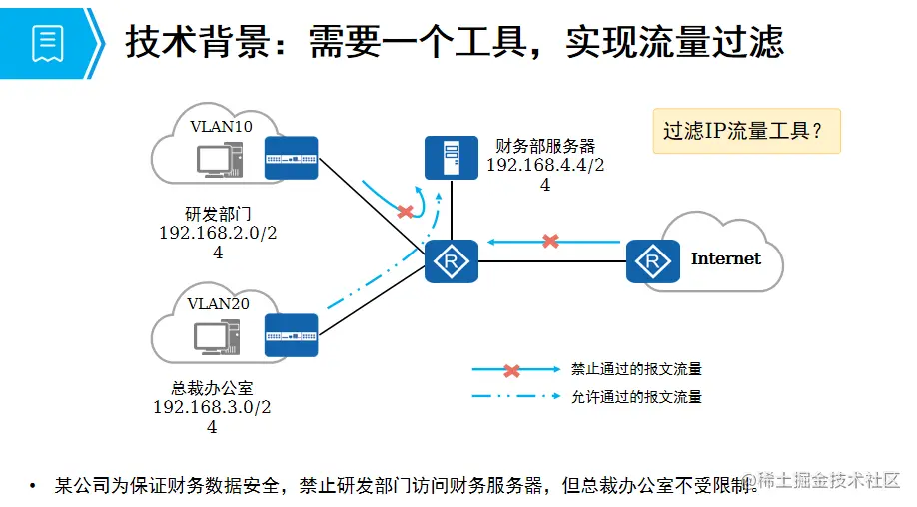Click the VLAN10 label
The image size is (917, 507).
[222, 126]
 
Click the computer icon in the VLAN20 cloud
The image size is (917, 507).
[215, 337]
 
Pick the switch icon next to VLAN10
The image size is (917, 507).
[291, 158]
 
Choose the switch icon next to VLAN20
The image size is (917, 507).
[291, 335]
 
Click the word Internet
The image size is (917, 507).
[726, 258]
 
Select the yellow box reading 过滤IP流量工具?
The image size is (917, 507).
[746, 131]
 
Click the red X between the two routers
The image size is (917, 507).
[550, 241]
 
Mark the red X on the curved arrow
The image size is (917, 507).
[405, 212]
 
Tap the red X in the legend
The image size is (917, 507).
[511, 370]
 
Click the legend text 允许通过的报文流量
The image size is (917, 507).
[636, 397]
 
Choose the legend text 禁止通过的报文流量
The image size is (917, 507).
[636, 369]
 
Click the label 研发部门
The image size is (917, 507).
[217, 214]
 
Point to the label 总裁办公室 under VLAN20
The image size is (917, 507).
[212, 388]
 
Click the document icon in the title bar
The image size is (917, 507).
[48, 42]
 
